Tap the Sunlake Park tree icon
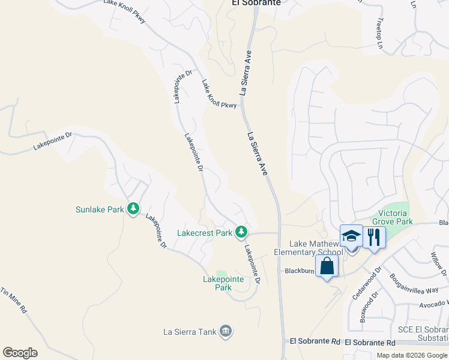point(133,209)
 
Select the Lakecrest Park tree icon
point(241,232)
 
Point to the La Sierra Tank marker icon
point(226,331)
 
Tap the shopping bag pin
point(327,266)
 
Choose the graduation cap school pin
point(351,236)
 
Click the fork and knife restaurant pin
point(374,236)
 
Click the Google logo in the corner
point(20,353)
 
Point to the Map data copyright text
point(412,355)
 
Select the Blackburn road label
point(300,271)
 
